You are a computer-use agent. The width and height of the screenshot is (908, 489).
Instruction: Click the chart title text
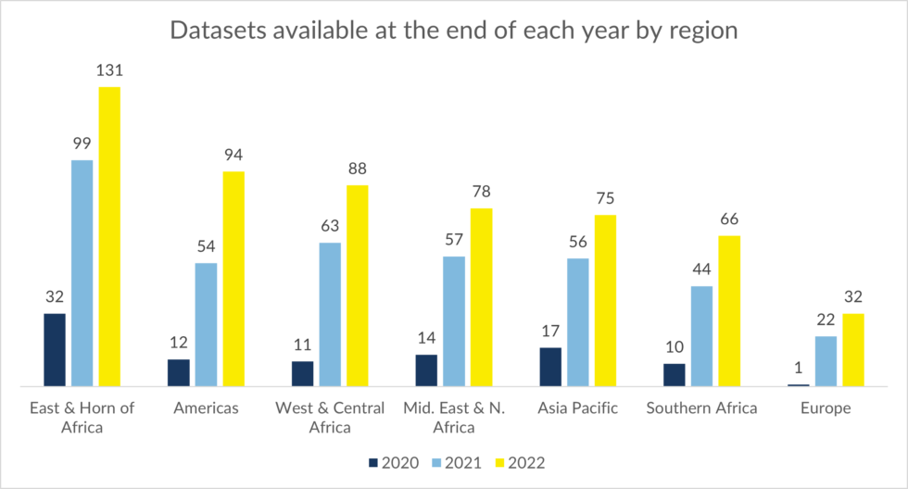[453, 30]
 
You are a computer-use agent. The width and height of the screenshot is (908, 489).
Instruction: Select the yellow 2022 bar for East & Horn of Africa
[110, 236]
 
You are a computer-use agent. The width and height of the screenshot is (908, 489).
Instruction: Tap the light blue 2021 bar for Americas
[206, 324]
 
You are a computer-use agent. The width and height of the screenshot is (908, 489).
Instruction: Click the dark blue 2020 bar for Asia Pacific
[550, 367]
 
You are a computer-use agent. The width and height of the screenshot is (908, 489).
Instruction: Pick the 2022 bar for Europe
[852, 349]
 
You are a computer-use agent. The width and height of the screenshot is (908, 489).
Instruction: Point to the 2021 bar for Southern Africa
[701, 335]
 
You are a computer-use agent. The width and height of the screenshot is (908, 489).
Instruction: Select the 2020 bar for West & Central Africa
[302, 373]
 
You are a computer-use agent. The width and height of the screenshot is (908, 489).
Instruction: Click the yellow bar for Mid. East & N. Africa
[481, 296]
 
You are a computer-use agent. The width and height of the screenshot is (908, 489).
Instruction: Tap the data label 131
[110, 70]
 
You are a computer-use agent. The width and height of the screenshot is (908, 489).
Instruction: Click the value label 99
[82, 144]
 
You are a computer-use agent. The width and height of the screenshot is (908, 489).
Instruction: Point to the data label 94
[233, 155]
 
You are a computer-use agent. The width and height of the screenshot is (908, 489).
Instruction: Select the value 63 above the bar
[330, 226]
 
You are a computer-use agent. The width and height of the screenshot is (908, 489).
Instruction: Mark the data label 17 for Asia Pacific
[550, 332]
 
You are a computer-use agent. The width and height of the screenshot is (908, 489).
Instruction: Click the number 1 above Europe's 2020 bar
[798, 368]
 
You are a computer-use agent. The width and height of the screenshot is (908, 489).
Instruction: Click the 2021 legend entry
[460, 462]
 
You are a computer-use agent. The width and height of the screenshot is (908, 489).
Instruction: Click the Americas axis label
[206, 408]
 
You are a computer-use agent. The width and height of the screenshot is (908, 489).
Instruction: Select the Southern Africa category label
[701, 408]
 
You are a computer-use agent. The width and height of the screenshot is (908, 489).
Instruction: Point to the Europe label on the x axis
[825, 408]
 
